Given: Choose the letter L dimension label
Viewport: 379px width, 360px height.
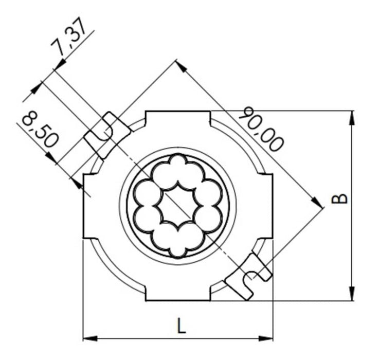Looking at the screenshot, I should click(181, 326).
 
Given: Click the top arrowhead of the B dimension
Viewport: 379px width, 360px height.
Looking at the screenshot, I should click(352, 117).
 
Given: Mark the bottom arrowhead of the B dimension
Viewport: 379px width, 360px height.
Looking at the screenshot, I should click(352, 294).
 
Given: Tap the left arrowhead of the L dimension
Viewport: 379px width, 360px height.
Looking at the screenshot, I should click(90, 338).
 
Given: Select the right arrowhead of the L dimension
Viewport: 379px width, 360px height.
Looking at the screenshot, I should click(266, 338).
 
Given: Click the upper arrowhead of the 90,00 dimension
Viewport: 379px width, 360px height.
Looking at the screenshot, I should click(180, 65).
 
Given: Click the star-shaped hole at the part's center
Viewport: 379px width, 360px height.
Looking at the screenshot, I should click(177, 205).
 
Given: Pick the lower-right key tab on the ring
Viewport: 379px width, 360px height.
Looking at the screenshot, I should click(249, 275).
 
